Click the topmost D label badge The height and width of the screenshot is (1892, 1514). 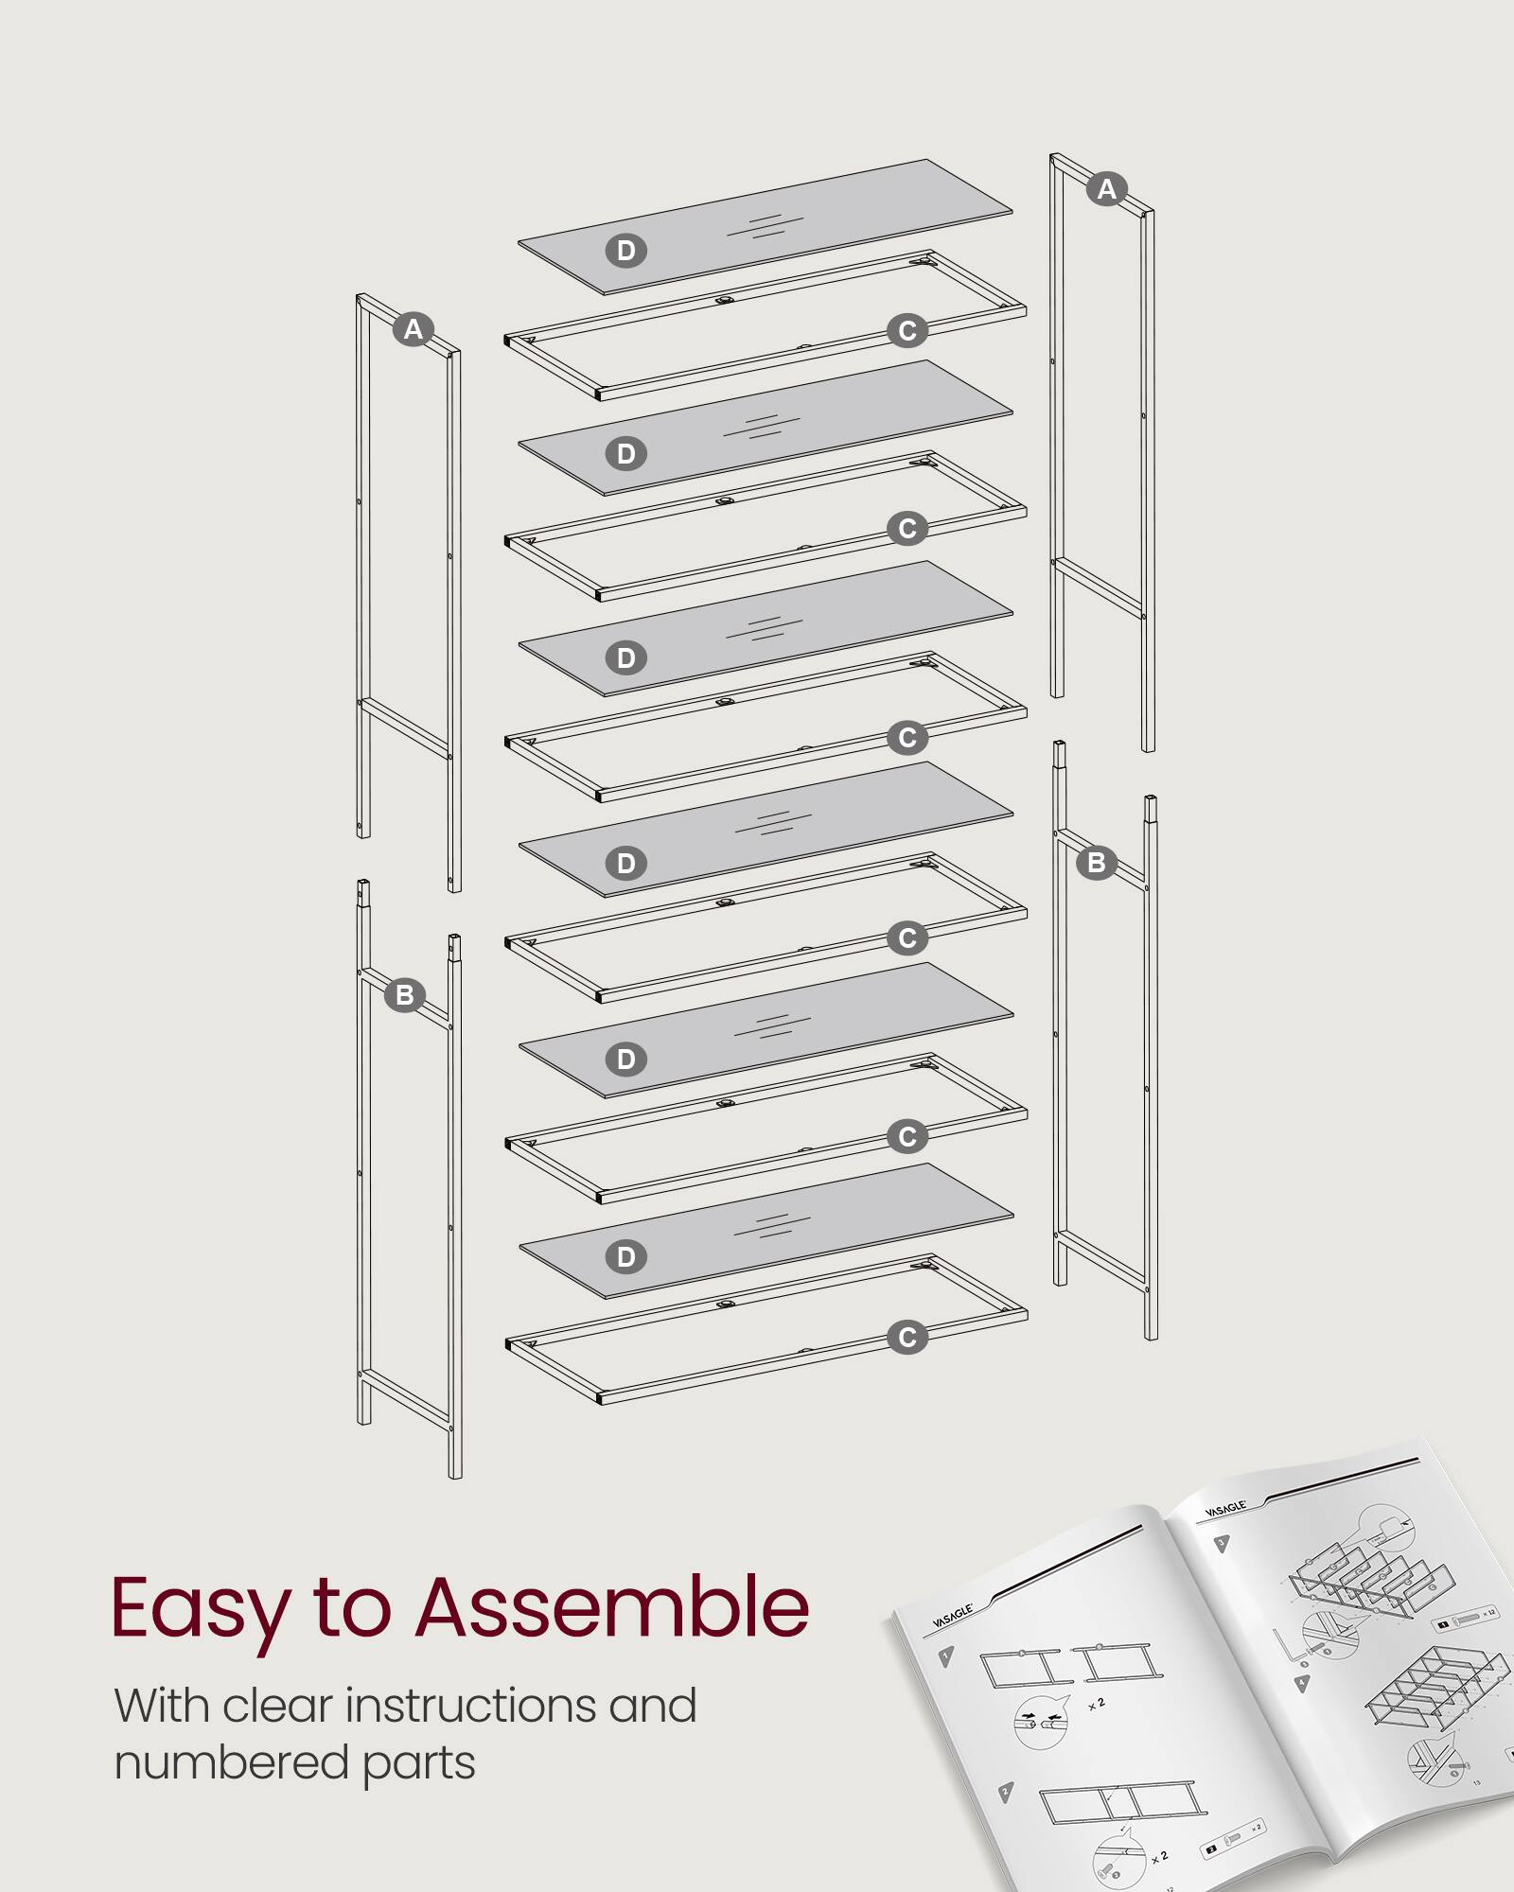coord(625,251)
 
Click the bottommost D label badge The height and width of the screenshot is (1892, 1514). coord(625,1257)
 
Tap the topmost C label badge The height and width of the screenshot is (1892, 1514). coord(907,331)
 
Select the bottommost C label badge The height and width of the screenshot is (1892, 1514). coord(907,1338)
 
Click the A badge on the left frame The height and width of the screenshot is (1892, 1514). coord(413,329)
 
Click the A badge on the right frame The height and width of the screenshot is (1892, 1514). coord(1106,189)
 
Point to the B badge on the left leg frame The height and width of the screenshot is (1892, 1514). coord(405,995)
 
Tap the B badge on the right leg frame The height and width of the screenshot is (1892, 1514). coord(1097,863)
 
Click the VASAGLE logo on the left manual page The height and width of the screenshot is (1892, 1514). coord(952,1616)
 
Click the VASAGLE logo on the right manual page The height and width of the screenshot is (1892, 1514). coord(1225,1508)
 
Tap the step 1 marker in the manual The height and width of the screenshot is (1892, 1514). coord(945,1656)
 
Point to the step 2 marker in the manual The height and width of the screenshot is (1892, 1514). coord(1006,1791)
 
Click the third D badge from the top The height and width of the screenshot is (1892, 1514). coord(625,658)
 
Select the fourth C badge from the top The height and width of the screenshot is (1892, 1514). coord(907,938)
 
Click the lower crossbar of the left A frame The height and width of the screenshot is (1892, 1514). coord(405,727)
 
